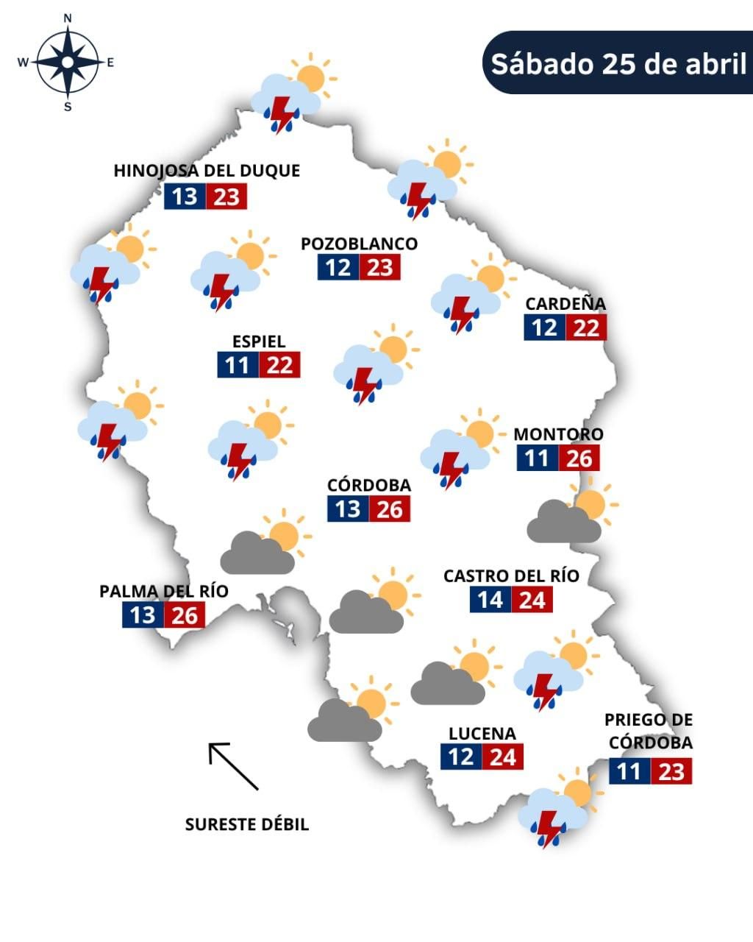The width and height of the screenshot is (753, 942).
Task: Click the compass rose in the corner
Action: click(x=67, y=63)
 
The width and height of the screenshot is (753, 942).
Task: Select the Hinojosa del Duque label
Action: click(x=207, y=171)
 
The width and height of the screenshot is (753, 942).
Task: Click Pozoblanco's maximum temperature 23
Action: click(x=380, y=267)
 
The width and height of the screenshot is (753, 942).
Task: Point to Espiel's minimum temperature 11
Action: click(x=238, y=365)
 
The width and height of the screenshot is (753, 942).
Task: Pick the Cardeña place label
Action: click(x=565, y=303)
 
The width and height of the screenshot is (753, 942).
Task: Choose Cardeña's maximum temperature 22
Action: click(x=586, y=327)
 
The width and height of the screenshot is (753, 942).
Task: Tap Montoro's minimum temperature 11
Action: click(x=537, y=458)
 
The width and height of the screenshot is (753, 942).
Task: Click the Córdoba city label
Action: click(x=368, y=485)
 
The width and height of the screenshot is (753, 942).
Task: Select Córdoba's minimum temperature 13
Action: click(x=348, y=509)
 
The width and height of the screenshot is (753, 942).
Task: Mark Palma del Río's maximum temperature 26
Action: click(x=185, y=615)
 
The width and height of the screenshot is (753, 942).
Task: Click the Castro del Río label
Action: click(x=511, y=576)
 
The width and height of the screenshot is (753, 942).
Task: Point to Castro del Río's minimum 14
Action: click(x=490, y=600)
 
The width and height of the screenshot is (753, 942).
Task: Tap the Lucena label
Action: click(x=482, y=733)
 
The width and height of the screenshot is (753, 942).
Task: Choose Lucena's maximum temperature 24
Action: click(x=503, y=757)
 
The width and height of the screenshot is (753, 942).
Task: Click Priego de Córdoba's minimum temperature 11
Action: click(x=629, y=771)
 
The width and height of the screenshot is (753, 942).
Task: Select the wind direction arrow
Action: click(x=233, y=765)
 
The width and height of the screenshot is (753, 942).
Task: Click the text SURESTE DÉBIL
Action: click(x=246, y=824)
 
